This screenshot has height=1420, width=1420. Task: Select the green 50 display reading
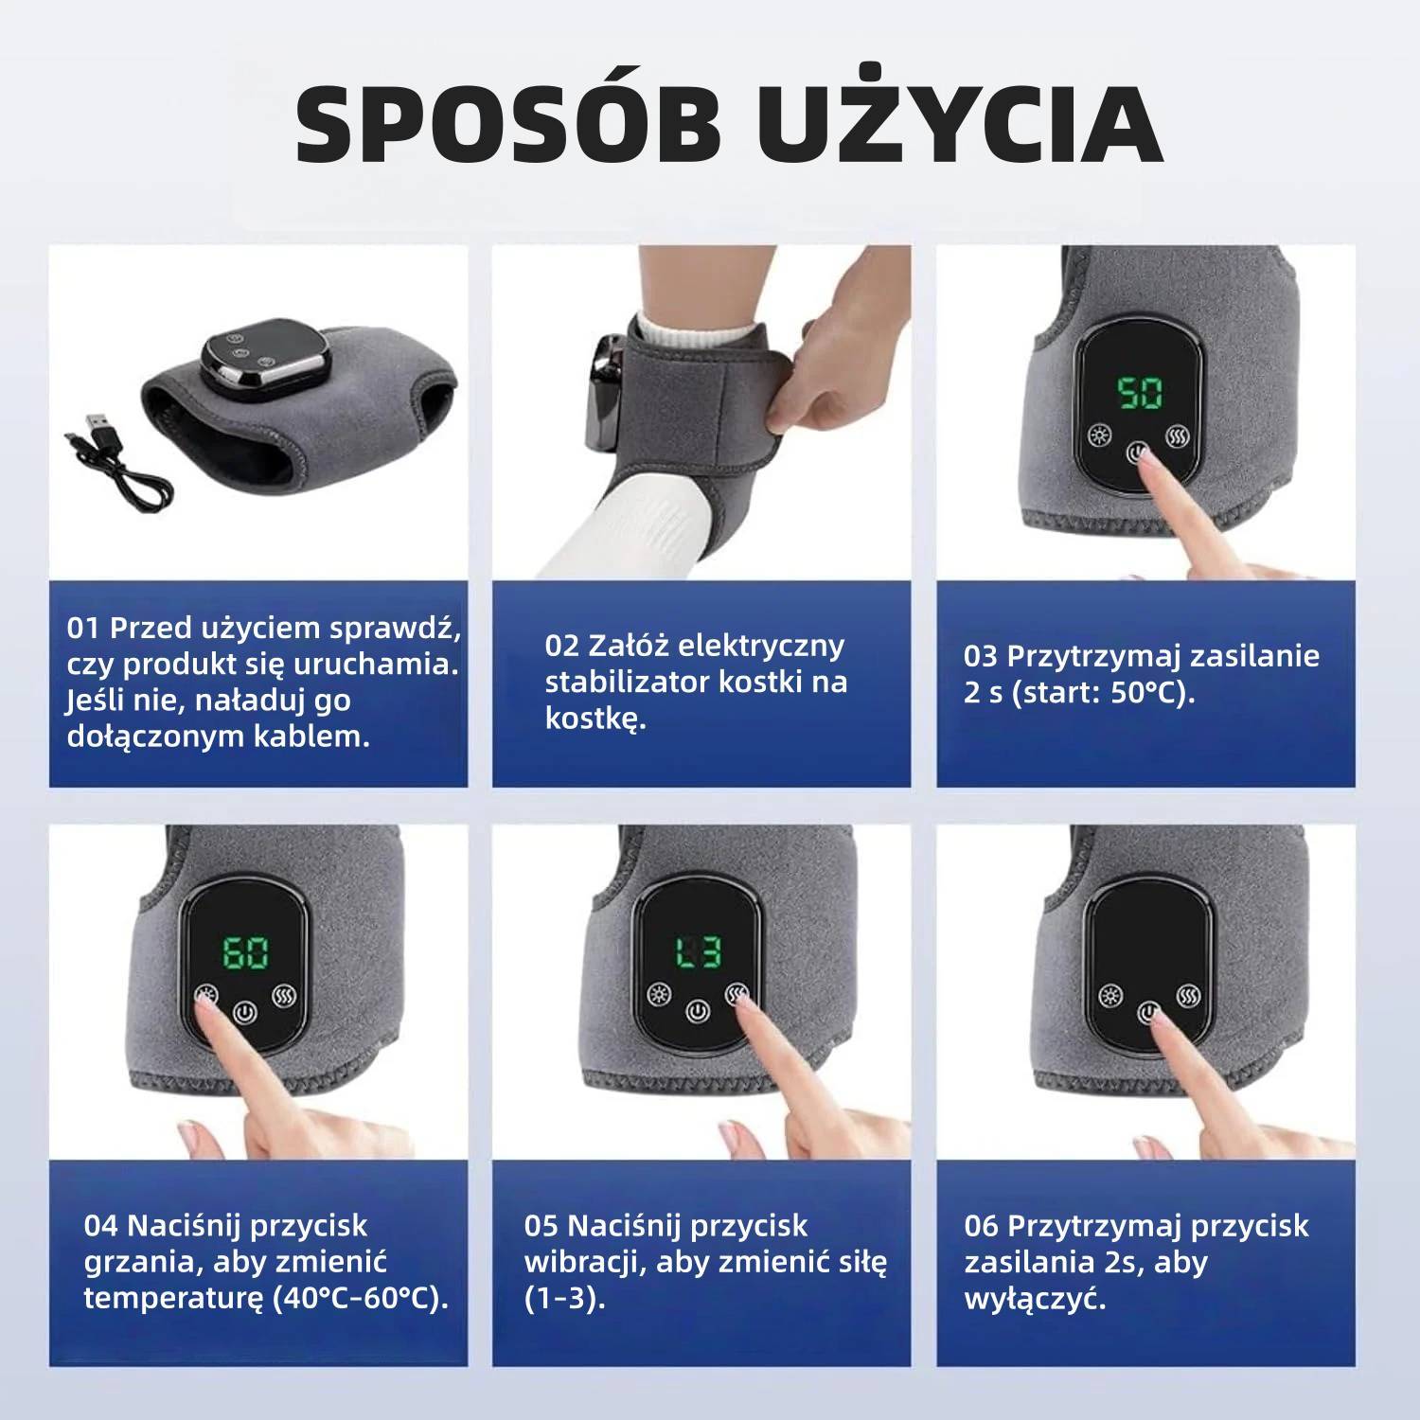tap(1140, 393)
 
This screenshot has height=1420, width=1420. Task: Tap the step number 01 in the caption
tap(83, 628)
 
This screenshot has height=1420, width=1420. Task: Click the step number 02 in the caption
tap(560, 646)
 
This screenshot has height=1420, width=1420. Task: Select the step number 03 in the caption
tap(981, 656)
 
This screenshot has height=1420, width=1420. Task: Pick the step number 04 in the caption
tap(100, 1226)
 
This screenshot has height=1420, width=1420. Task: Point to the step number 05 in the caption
tap(541, 1226)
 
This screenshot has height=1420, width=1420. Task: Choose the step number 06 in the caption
tap(982, 1226)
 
